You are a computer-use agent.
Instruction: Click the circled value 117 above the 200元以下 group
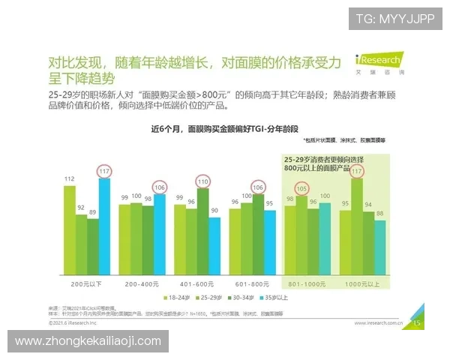(x=103, y=171)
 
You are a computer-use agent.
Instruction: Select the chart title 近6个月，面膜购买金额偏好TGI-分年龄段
(x=214, y=129)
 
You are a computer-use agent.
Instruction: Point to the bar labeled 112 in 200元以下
(x=69, y=229)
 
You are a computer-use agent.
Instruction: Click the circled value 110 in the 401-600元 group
(x=202, y=181)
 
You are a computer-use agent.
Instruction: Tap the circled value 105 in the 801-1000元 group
(x=302, y=188)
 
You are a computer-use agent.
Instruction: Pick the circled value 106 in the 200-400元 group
(x=159, y=187)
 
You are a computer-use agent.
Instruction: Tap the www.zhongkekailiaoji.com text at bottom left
(x=88, y=341)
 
